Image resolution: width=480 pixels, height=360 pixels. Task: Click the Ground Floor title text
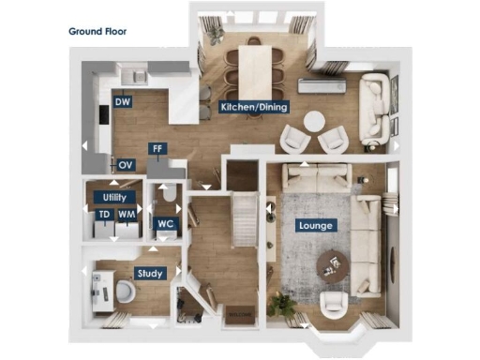click(x=97, y=31)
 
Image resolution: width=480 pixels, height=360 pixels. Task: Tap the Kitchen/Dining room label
click(x=254, y=107)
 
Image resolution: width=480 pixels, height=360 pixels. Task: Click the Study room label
click(x=150, y=274)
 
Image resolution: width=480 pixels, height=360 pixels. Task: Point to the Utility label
click(x=115, y=198)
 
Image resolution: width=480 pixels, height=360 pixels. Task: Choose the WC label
click(x=165, y=225)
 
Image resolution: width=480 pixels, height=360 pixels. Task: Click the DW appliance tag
click(x=122, y=101)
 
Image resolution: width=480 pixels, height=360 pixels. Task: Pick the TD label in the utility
click(x=104, y=215)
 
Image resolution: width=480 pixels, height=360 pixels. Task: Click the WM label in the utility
click(x=126, y=215)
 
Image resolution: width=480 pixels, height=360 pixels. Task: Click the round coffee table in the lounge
click(x=331, y=262)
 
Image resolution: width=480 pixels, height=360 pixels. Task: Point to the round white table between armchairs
click(x=314, y=122)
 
